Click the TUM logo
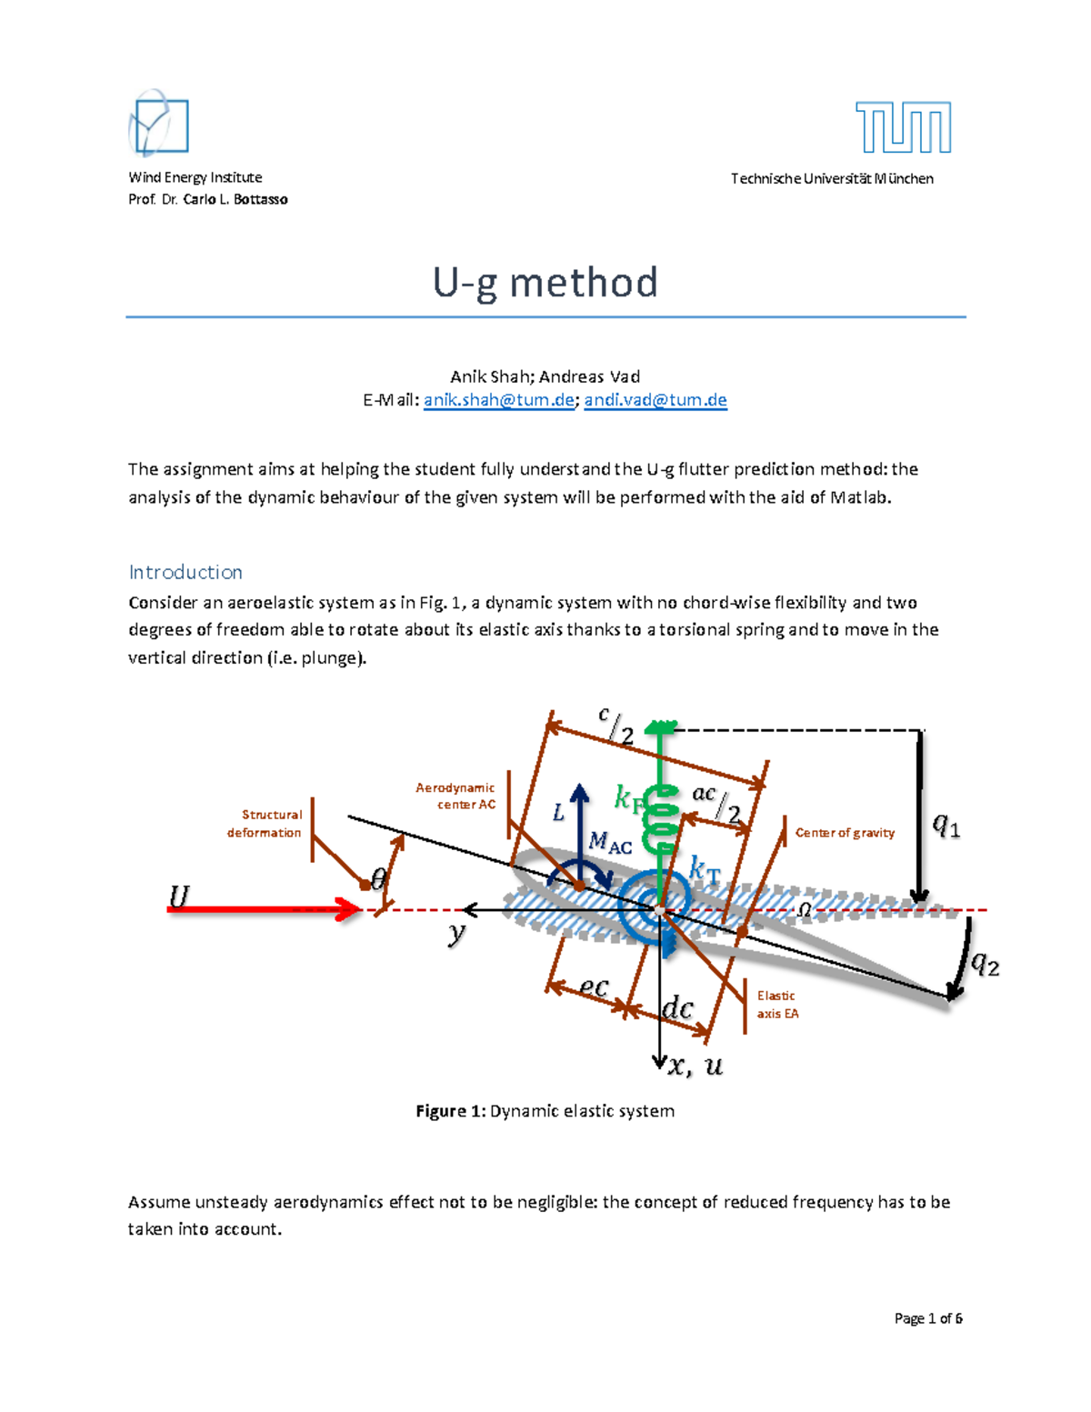(903, 127)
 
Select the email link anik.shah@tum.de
(499, 400)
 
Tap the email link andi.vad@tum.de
(656, 400)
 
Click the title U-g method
(545, 283)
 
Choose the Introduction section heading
(185, 572)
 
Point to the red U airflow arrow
(264, 908)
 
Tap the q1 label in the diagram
(946, 826)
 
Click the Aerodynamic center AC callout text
(455, 796)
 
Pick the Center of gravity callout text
(845, 833)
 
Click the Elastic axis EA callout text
(777, 1005)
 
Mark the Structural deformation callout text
(265, 824)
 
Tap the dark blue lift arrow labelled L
(580, 823)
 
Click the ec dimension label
(593, 986)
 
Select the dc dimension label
(677, 1008)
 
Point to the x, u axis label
(696, 1067)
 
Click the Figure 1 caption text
(545, 1111)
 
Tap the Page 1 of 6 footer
(928, 1318)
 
